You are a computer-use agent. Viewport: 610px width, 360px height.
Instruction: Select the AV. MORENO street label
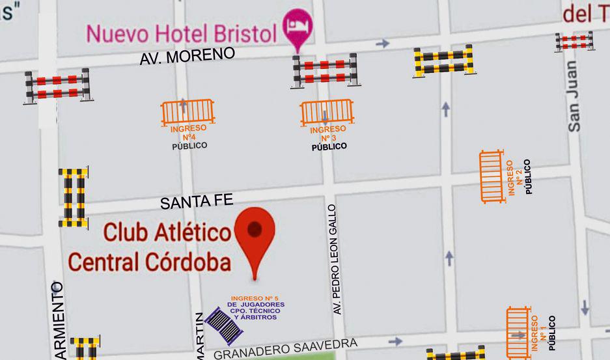[x=187, y=57]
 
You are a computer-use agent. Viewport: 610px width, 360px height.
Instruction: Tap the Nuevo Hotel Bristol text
[x=182, y=33]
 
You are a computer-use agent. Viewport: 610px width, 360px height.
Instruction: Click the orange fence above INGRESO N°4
[x=187, y=112]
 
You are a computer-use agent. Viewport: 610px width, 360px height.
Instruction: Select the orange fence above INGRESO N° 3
[x=326, y=113]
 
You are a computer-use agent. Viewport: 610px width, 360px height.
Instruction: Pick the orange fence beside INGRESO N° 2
[x=492, y=176]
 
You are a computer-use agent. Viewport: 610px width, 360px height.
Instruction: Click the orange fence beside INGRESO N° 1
[x=519, y=332]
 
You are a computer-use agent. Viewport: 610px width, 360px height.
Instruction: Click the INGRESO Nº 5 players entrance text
[x=255, y=308]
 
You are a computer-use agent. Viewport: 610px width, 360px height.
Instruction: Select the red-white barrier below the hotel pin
[x=324, y=70]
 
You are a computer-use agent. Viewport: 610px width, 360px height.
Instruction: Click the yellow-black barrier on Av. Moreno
[x=443, y=61]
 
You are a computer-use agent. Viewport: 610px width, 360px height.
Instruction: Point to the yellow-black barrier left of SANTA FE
[x=74, y=197]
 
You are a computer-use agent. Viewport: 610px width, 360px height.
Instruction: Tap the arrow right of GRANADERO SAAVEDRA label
[x=395, y=340]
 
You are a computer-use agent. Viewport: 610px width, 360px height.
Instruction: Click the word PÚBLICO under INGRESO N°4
[x=189, y=146]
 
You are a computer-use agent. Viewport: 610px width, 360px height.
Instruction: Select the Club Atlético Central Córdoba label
[x=150, y=247]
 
